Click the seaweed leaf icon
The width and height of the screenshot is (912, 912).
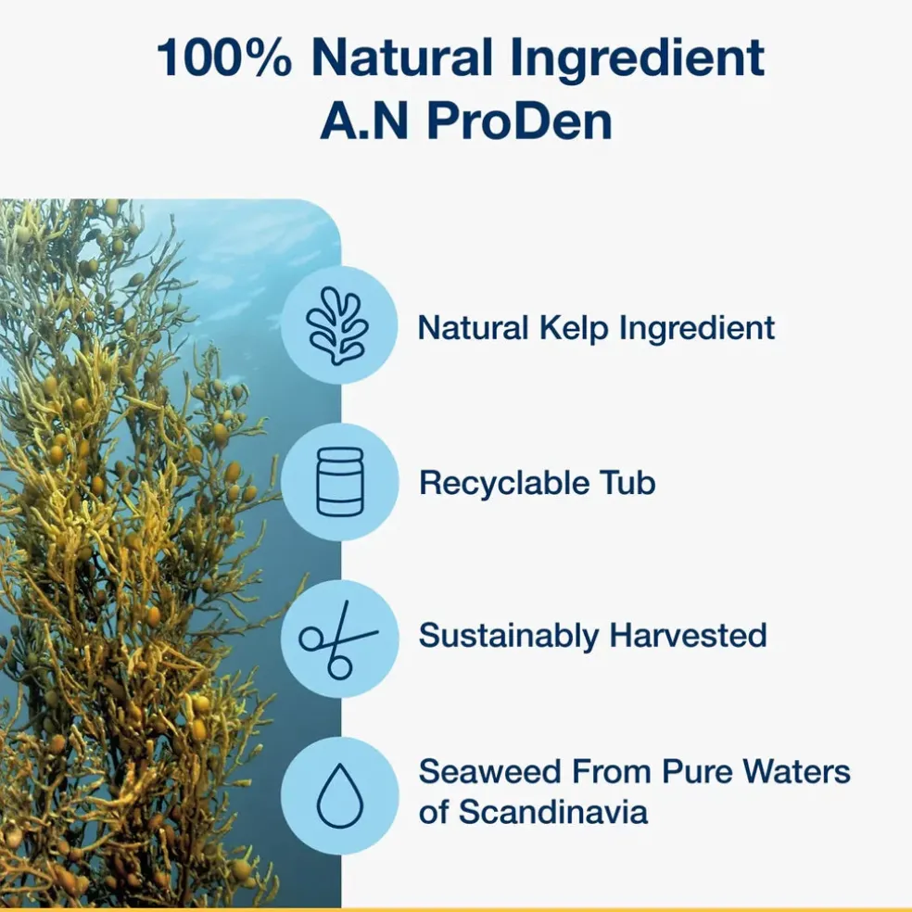pyautogui.click(x=338, y=325)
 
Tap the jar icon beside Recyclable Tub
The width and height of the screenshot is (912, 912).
pyautogui.click(x=339, y=482)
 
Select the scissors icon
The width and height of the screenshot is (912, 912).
pyautogui.click(x=338, y=640)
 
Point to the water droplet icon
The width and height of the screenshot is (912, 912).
pyautogui.click(x=340, y=795)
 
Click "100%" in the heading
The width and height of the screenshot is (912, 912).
pyautogui.click(x=224, y=57)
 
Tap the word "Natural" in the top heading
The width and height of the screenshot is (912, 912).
pyautogui.click(x=402, y=57)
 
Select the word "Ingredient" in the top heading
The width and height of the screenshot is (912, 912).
pyautogui.click(x=638, y=57)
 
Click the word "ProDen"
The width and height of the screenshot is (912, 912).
pyautogui.click(x=519, y=121)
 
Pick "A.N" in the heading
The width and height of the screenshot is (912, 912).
pyautogui.click(x=363, y=121)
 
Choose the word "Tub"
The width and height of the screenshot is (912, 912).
pyautogui.click(x=628, y=483)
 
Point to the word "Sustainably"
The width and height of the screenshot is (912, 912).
pyautogui.click(x=508, y=636)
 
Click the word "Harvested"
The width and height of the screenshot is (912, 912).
pyautogui.click(x=688, y=635)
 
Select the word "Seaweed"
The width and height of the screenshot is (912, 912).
pyautogui.click(x=489, y=772)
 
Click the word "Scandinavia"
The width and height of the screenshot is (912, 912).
pyautogui.click(x=553, y=811)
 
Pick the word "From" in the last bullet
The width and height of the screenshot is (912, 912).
pyautogui.click(x=612, y=772)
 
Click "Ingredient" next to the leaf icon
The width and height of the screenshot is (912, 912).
pyautogui.click(x=697, y=328)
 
